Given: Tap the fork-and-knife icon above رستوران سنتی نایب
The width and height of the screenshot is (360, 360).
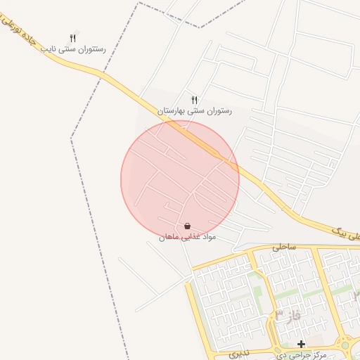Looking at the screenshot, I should [x=72, y=39].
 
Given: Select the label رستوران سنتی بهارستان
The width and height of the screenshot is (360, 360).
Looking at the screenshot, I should [x=194, y=111].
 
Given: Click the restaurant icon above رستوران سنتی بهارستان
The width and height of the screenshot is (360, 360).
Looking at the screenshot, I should [x=195, y=100].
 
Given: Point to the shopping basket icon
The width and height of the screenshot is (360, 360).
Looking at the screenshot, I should [x=187, y=226].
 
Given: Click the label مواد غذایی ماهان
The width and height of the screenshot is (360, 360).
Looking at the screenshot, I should [x=186, y=238].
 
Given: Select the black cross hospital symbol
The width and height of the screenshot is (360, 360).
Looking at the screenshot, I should [x=302, y=345].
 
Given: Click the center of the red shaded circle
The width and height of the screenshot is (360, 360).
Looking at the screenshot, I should [x=180, y=179].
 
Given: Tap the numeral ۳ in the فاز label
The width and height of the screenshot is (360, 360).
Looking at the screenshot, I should [x=279, y=314].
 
